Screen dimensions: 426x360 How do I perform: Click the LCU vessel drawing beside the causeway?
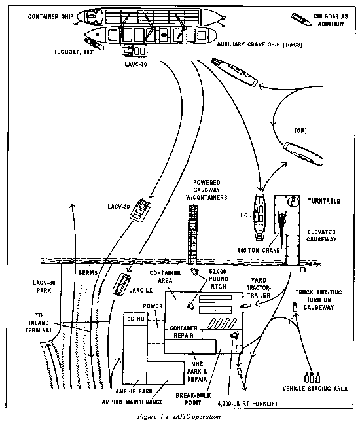point(259,213)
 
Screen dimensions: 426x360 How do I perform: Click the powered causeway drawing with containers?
point(194,230)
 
